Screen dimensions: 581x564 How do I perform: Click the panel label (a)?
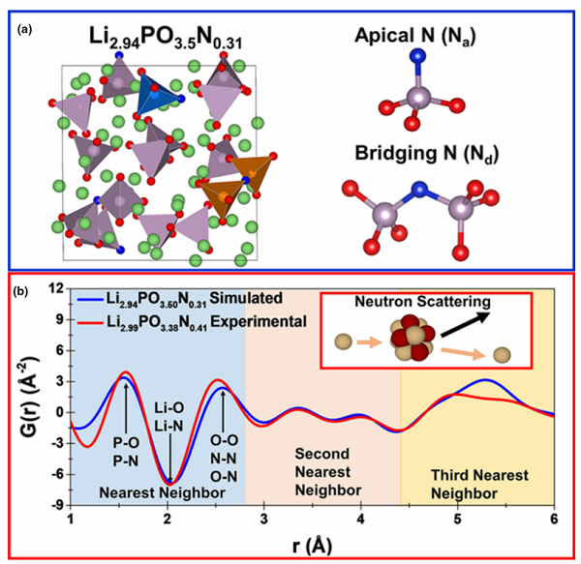point(25,30)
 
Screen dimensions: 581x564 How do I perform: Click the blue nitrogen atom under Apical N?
point(417,56)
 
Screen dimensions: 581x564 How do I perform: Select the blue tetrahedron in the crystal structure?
point(158,96)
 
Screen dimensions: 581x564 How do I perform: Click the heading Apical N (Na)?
point(415,36)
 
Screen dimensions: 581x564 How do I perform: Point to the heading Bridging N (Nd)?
point(427,154)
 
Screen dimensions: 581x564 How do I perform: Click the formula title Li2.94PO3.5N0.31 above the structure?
point(166,39)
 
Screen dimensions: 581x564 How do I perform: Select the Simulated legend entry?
point(180,299)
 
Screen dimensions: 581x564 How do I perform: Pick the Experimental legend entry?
point(192,322)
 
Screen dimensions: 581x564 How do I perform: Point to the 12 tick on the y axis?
point(56,288)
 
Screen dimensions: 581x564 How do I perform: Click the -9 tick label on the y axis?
point(57,505)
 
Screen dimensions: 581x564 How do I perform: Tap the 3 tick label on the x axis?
point(263,519)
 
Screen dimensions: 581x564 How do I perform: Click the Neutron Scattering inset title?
point(422,302)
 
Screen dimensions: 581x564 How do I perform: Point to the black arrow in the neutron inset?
point(465,324)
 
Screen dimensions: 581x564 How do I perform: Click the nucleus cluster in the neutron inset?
point(413,338)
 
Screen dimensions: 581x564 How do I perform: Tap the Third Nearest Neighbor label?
point(479,484)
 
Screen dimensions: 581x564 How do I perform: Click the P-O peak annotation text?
point(126,442)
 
